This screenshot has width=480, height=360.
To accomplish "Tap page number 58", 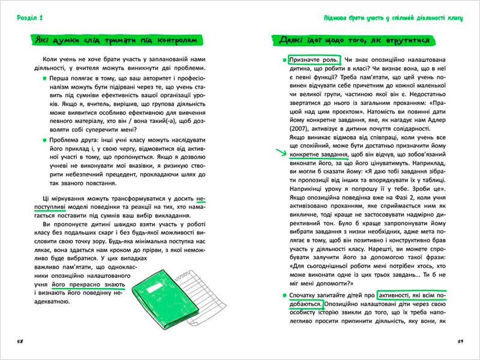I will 20,342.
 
